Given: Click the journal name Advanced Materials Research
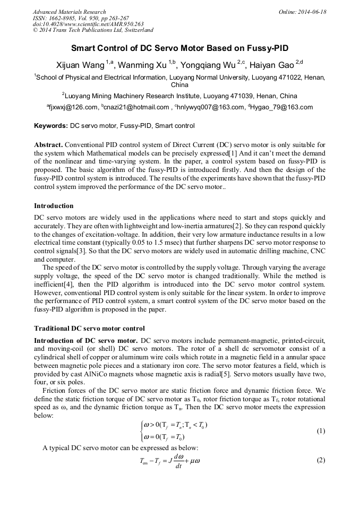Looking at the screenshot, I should (x=69, y=12).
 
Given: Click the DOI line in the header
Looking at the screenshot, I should (x=88, y=24).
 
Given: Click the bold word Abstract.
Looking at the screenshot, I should (x=49, y=145).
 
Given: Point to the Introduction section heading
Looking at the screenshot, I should (x=54, y=206).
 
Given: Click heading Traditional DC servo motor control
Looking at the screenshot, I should (x=89, y=329).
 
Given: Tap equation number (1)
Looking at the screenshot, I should (x=320, y=431).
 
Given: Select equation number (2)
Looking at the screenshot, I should (x=320, y=460).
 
